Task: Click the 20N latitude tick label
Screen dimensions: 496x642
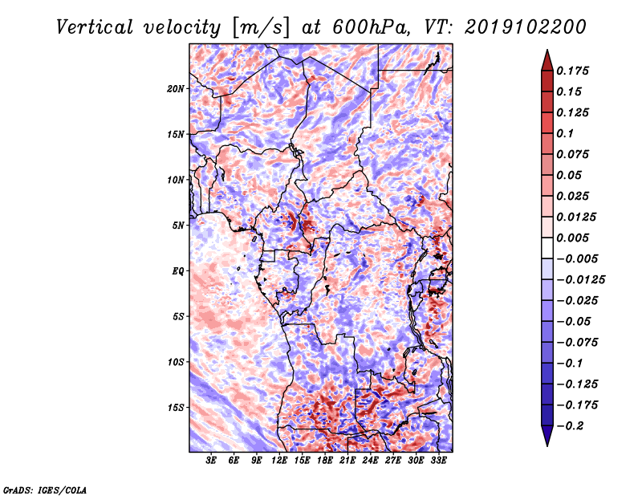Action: (x=176, y=88)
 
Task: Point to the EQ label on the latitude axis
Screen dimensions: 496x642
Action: (x=178, y=271)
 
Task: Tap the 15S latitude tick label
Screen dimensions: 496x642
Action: (x=176, y=408)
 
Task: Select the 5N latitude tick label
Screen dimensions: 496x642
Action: (x=178, y=226)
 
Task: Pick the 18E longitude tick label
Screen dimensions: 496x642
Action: (x=325, y=461)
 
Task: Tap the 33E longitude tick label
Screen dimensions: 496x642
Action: (x=439, y=461)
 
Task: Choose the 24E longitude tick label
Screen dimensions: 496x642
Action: (x=371, y=461)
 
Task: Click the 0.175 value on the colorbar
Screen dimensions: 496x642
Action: (x=575, y=71)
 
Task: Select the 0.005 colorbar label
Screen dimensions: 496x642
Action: (x=575, y=238)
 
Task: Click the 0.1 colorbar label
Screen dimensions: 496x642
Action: (x=566, y=133)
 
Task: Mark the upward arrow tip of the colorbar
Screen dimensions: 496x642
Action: (x=546, y=51)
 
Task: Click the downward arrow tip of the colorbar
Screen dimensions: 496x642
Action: (x=546, y=444)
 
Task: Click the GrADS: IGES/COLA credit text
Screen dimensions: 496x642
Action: (x=44, y=489)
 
